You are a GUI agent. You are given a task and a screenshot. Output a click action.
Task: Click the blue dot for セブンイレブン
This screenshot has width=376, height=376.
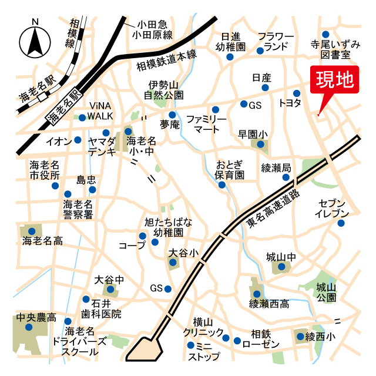point(341,223)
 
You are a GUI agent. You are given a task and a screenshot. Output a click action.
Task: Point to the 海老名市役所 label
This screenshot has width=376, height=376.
point(45,169)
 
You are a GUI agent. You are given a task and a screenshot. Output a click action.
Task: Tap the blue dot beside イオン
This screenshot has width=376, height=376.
point(78,140)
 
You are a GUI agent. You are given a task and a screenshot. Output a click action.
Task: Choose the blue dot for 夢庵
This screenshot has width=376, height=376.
point(172,115)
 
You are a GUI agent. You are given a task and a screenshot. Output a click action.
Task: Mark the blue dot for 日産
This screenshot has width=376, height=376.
point(265,88)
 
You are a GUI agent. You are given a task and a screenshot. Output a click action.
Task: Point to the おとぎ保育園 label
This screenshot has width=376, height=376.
point(230,169)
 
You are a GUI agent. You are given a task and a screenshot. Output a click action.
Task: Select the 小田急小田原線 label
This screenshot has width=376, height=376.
point(153,30)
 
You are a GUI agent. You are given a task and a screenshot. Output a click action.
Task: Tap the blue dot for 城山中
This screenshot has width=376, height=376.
point(282,268)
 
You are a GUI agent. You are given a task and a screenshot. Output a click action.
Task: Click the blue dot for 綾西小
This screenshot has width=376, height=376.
point(301,337)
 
